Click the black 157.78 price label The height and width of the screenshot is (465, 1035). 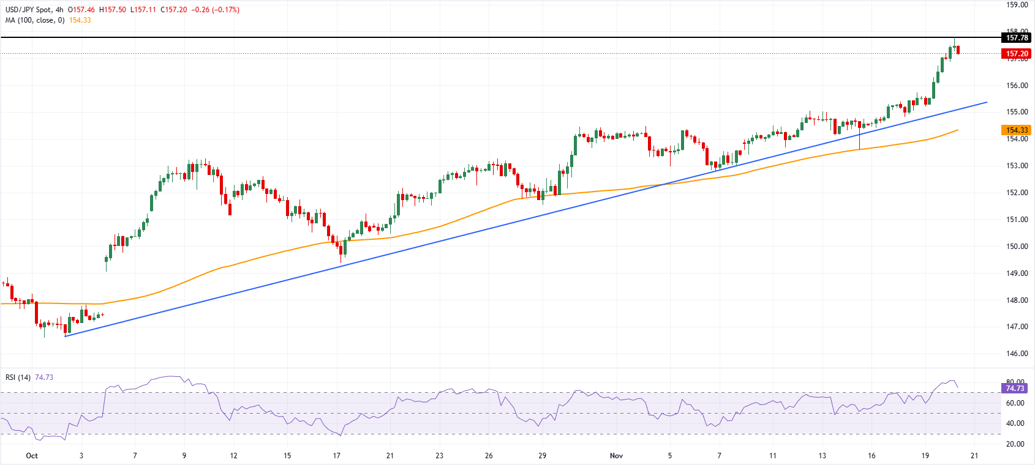(1017, 38)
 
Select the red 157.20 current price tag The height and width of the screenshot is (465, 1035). (1017, 54)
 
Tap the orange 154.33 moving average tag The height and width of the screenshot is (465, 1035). (1017, 130)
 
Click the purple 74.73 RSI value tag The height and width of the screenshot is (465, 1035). (1015, 389)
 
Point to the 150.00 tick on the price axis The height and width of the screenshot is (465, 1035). (1017, 247)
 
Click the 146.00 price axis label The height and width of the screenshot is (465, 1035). (1017, 354)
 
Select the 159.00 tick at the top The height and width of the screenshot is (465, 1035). (1017, 5)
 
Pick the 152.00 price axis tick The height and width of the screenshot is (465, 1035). (1017, 193)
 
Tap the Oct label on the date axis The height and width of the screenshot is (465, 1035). (32, 456)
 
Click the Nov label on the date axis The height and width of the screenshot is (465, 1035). (616, 456)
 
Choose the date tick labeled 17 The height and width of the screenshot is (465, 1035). (336, 456)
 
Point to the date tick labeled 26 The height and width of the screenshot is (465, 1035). (489, 456)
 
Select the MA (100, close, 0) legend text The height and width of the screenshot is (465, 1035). (35, 20)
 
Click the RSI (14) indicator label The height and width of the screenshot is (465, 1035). (18, 378)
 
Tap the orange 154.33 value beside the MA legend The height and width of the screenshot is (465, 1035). (80, 20)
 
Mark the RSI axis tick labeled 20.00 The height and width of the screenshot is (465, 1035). (1015, 444)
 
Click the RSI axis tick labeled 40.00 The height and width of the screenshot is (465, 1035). (1015, 423)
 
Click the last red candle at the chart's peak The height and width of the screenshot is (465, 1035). (958, 50)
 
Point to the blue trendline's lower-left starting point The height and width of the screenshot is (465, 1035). (66, 336)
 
